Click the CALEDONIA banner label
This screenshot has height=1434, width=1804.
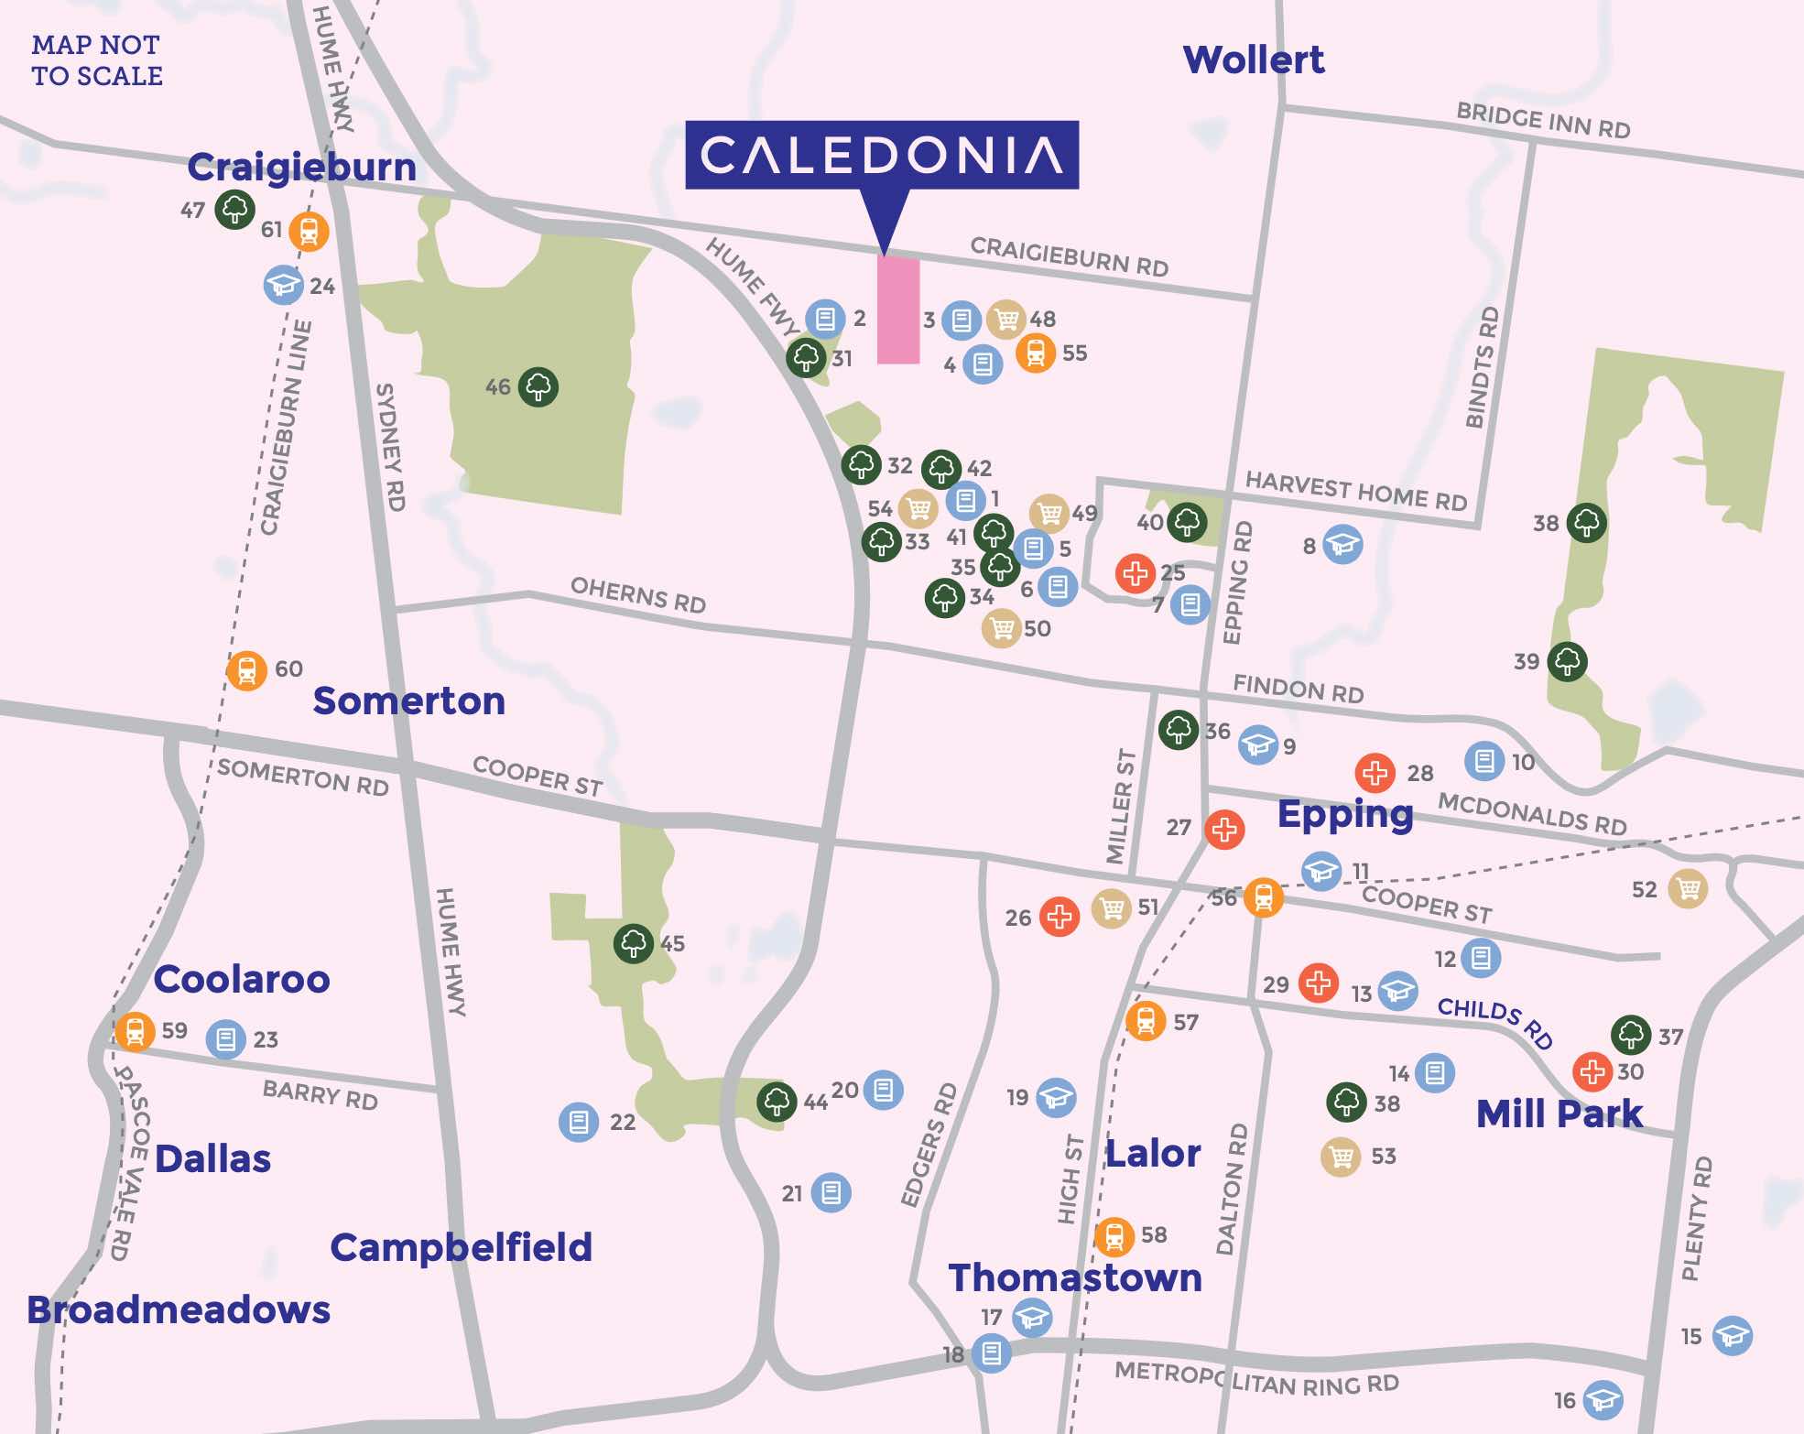(x=881, y=155)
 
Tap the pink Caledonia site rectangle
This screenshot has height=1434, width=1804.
(x=898, y=310)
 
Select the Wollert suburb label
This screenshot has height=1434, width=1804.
(x=1253, y=60)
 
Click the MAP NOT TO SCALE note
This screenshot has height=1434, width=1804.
(x=97, y=60)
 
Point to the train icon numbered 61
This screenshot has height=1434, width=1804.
(x=309, y=232)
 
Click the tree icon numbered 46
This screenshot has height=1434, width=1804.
(x=538, y=387)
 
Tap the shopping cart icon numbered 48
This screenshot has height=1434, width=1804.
(x=1005, y=320)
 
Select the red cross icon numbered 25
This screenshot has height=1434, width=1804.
(x=1136, y=573)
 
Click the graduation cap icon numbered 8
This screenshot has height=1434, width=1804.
(x=1342, y=545)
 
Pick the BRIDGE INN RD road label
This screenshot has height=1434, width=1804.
(x=1543, y=122)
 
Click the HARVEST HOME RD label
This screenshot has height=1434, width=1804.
(x=1355, y=491)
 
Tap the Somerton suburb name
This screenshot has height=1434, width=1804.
(x=408, y=701)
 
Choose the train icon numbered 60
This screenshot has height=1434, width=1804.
(x=246, y=671)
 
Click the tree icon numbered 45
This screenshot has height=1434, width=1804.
(x=633, y=943)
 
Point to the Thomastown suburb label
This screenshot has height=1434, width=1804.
(x=1075, y=1277)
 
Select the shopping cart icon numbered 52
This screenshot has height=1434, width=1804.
(x=1687, y=888)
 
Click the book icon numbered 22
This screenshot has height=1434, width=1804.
(x=579, y=1121)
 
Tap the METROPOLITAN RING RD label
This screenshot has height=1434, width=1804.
(x=1256, y=1378)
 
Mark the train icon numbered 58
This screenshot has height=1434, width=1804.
(x=1114, y=1237)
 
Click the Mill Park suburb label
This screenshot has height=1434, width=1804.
(x=1559, y=1114)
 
